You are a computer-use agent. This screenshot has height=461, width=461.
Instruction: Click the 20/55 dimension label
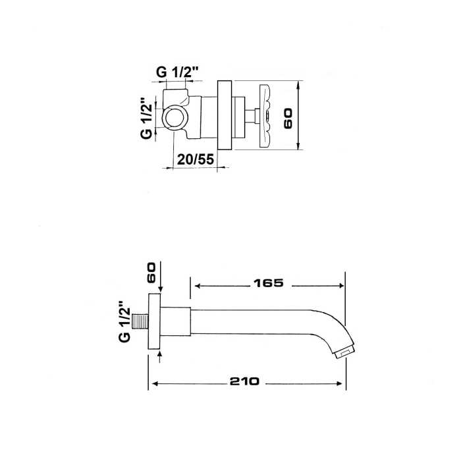pos(195,159)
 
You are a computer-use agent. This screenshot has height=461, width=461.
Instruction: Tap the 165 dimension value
pos(269,283)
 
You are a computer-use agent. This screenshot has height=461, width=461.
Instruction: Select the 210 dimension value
pos(244,381)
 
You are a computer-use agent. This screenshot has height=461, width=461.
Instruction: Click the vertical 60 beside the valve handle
pos(288,119)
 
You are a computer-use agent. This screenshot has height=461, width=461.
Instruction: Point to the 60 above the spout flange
pos(151,273)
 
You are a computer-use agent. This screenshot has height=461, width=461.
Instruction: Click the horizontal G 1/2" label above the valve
pos(178,72)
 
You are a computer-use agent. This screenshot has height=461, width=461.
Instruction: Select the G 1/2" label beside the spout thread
pos(124,321)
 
